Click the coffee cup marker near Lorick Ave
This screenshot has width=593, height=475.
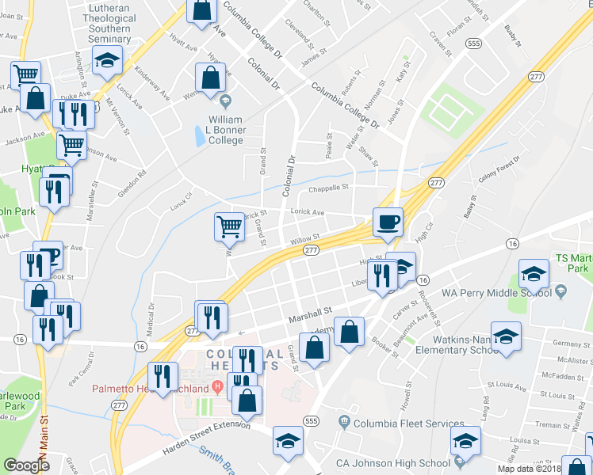point(387,222)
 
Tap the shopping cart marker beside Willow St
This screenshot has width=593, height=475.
point(229,226)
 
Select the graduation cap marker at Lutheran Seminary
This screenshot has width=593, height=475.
point(106,60)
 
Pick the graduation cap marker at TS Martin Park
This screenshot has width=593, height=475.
point(534,274)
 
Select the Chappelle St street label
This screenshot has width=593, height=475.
point(328,188)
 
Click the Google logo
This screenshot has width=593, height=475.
point(26,465)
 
